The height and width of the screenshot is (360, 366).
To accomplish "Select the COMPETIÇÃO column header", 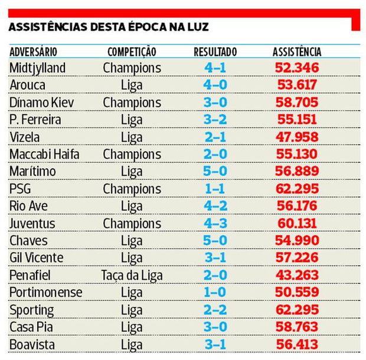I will (132, 52).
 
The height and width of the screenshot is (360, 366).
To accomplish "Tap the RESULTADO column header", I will (215, 52).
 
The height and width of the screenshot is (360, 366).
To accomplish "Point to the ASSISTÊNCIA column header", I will (297, 52).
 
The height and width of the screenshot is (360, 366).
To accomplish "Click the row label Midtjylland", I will (38, 68).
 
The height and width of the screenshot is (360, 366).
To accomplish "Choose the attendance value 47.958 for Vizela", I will (297, 137).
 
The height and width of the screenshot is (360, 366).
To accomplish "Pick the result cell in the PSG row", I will (215, 189).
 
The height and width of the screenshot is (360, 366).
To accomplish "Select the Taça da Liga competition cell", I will (132, 275).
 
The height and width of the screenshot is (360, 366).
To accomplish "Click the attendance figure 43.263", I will (297, 275).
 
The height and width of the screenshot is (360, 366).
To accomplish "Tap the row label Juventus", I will (32, 224).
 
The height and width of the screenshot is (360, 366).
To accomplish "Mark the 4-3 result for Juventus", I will (215, 224).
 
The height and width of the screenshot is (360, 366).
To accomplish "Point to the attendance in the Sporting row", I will (297, 310).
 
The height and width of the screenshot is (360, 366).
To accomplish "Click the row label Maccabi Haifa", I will (44, 155).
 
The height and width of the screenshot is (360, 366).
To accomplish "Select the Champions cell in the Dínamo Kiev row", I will (132, 103).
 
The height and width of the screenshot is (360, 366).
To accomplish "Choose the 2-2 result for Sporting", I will (215, 310).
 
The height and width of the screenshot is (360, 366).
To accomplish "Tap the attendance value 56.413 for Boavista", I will (297, 344).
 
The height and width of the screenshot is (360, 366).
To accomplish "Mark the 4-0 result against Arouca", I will (215, 85).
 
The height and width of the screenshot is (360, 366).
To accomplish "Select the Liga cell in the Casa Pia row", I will (132, 327).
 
